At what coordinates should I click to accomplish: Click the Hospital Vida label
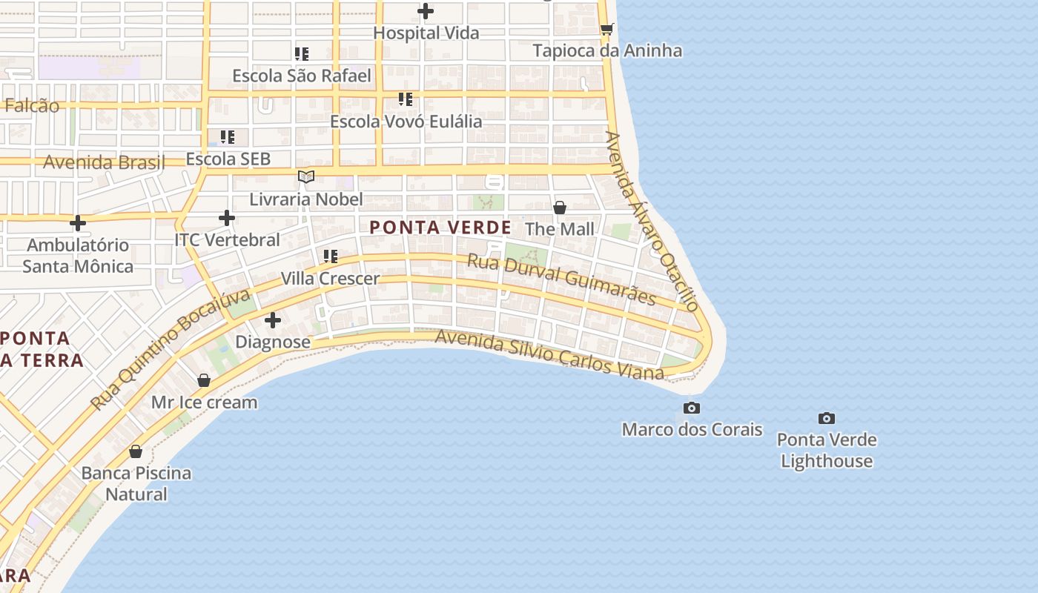click(426, 33)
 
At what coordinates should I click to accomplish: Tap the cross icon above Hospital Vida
click(426, 11)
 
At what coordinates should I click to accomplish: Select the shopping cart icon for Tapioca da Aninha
click(606, 29)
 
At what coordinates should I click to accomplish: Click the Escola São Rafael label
click(302, 76)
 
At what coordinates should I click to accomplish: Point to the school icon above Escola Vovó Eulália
click(406, 99)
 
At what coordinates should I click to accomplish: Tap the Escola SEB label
click(228, 159)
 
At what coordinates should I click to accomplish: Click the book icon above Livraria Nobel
click(306, 176)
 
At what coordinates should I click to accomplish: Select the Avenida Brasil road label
click(104, 162)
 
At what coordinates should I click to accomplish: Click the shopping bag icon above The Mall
click(560, 208)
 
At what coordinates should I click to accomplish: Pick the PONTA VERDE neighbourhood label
click(440, 228)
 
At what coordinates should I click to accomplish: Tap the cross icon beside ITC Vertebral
click(227, 218)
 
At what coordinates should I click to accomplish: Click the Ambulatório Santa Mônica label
click(78, 256)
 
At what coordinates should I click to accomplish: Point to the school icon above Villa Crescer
click(331, 256)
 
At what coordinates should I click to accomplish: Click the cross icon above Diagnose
click(273, 320)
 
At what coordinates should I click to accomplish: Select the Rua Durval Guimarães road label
click(561, 279)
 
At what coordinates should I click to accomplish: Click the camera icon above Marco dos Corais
click(692, 408)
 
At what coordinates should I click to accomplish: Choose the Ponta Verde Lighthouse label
click(827, 450)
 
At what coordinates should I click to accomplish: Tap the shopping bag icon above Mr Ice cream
click(204, 380)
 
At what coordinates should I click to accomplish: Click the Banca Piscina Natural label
click(136, 483)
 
